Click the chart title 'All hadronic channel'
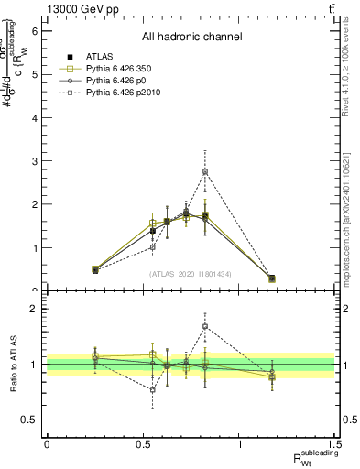coord(191,37)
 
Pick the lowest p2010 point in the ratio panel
coord(153,389)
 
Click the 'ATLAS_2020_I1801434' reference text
coord(191,274)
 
